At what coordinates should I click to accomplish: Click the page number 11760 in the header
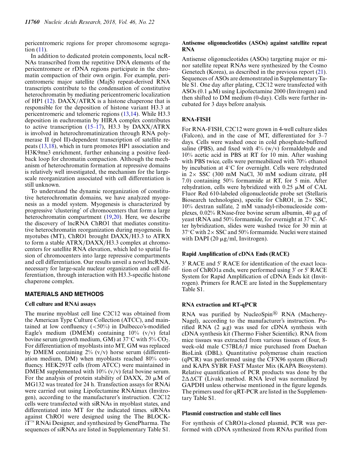click(32, 22)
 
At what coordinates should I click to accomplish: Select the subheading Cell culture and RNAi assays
click(60, 304)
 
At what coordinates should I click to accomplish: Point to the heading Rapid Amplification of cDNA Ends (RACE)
click(235, 254)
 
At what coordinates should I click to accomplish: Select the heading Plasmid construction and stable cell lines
click(237, 414)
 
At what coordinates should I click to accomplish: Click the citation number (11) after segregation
click(41, 50)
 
